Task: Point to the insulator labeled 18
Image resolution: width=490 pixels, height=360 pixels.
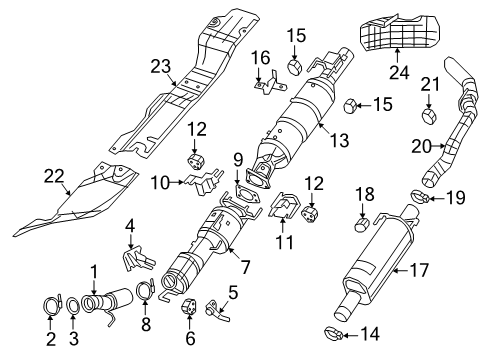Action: [x=364, y=220]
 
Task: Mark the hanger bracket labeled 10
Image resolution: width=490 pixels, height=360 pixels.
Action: [x=201, y=182]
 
